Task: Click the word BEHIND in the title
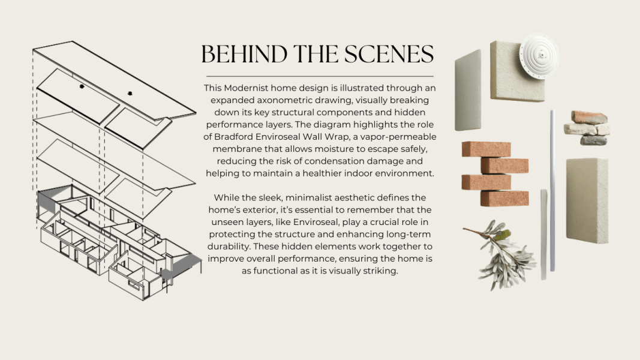coord(244,54)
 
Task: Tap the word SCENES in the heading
coord(389,54)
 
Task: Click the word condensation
coord(335,161)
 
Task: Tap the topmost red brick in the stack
coord(486,149)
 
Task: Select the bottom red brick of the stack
coord(504,199)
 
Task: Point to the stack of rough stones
coord(587,128)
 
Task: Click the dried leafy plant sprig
coord(501,254)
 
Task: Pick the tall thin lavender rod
coord(552,191)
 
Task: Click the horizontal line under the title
coord(320,76)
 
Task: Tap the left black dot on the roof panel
coord(82,86)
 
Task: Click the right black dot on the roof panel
coord(130,94)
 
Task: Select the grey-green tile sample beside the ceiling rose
coord(468,91)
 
